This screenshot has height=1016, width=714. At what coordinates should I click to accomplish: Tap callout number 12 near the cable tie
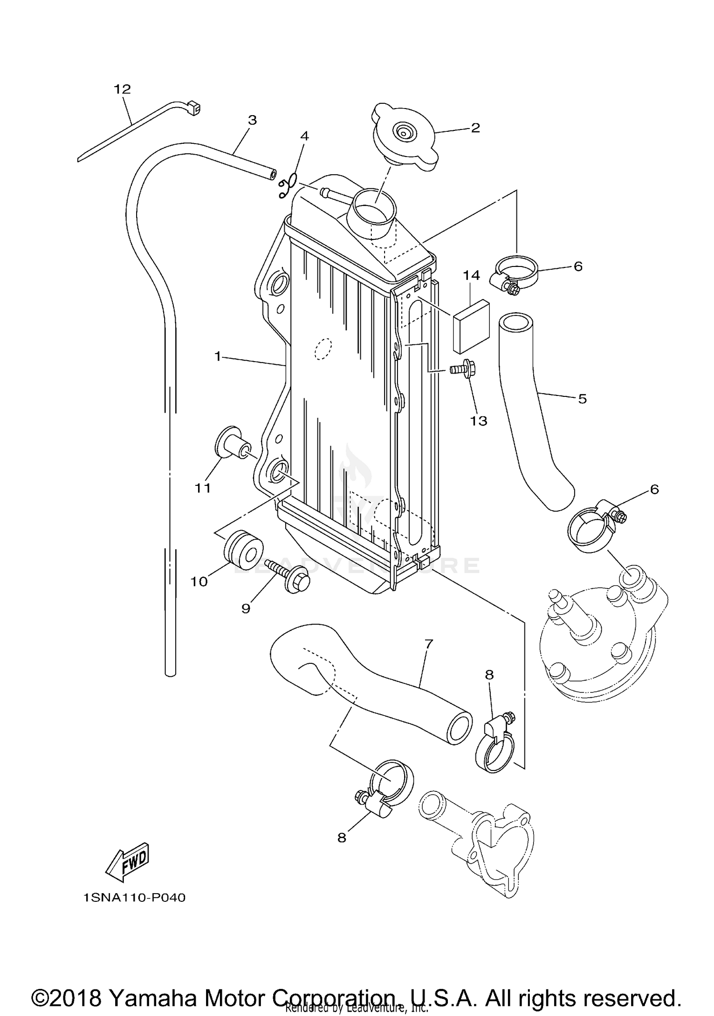(122, 89)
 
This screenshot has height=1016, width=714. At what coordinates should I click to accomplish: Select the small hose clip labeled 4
(288, 186)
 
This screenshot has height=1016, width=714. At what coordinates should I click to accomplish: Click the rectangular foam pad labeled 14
(471, 326)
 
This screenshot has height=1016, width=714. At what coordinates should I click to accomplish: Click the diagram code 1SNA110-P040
(134, 898)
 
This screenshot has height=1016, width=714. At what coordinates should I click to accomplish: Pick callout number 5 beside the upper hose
(582, 399)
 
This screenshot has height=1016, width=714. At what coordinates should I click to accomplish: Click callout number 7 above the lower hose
(428, 644)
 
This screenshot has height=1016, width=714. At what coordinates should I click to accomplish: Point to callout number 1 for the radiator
(218, 356)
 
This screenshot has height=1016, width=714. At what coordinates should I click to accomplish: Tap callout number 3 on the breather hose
(252, 120)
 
